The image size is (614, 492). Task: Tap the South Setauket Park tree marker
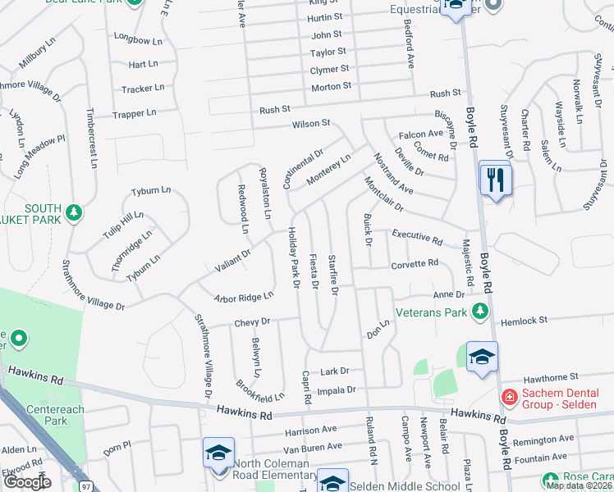tap(75, 213)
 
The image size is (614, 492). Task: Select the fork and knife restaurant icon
tap(494, 180)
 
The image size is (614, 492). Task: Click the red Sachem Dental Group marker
tap(509, 398)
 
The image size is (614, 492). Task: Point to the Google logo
tap(27, 482)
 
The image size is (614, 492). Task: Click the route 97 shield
tap(87, 486)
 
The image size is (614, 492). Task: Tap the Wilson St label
tap(311, 124)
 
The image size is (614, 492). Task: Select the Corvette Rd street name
tap(415, 265)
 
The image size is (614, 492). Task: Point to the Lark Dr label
tap(335, 371)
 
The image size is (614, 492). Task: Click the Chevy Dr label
tap(251, 322)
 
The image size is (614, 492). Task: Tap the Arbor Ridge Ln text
tap(243, 298)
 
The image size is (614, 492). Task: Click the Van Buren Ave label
tap(311, 448)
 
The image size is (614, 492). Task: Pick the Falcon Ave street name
tap(421, 134)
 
